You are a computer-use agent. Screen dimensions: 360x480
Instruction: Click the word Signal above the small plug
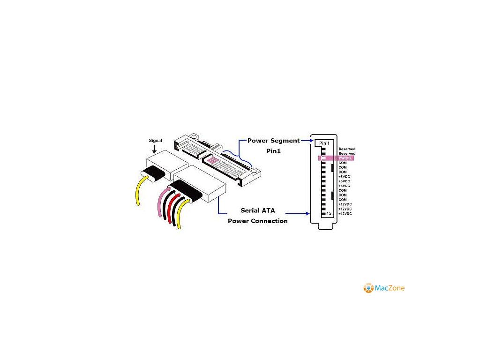click(x=156, y=140)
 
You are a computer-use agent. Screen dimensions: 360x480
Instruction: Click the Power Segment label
click(x=273, y=141)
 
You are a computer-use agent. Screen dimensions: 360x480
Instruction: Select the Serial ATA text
click(x=258, y=210)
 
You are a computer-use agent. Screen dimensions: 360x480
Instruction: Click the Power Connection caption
click(x=258, y=221)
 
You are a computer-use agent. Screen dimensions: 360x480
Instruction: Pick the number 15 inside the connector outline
click(x=329, y=213)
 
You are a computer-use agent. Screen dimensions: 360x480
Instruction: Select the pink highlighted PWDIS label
click(x=346, y=158)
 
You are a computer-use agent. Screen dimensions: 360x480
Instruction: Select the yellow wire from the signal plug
click(x=137, y=192)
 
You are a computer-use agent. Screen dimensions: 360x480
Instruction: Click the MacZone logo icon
click(x=368, y=288)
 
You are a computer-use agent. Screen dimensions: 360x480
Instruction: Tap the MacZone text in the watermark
click(x=390, y=288)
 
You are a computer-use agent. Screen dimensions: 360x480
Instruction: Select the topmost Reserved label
click(x=347, y=149)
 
